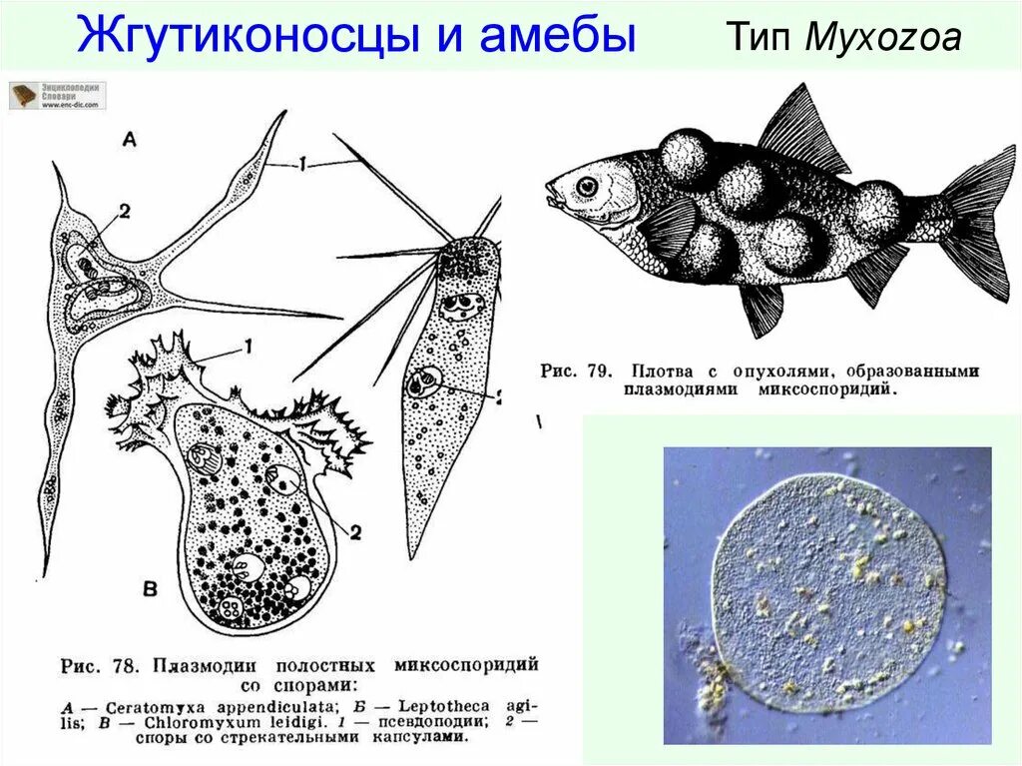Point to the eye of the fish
click(587, 186)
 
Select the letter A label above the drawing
click(129, 141)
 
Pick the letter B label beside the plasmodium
click(150, 590)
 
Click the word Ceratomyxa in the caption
click(140, 707)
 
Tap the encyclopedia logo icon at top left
click(24, 95)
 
